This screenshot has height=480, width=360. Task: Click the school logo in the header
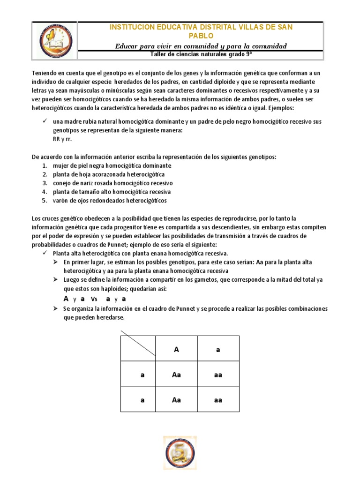[x=54, y=40]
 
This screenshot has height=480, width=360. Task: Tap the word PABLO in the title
[x=201, y=36]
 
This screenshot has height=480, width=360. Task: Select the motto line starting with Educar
[x=201, y=45]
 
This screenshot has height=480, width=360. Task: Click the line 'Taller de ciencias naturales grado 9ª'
[x=201, y=54]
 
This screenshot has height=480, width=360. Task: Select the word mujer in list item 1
[x=60, y=165]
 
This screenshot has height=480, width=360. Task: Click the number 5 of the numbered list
[x=44, y=201]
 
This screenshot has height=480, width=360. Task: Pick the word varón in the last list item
[x=61, y=201]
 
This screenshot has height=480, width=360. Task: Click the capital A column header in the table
[x=176, y=349]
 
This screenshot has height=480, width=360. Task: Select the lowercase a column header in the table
[x=218, y=349]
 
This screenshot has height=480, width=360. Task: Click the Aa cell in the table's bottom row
[x=176, y=400]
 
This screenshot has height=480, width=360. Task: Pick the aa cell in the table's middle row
[x=218, y=375]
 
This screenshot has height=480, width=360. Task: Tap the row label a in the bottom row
[x=142, y=400]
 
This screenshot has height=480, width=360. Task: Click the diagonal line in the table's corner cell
[x=139, y=343]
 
